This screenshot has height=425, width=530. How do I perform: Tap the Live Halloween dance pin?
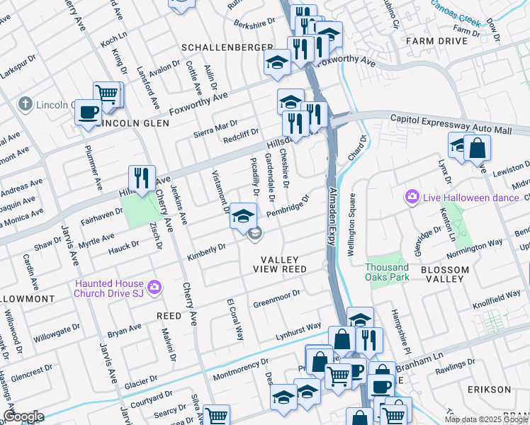click(x=412, y=196)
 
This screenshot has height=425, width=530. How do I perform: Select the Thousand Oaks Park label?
click(x=387, y=272)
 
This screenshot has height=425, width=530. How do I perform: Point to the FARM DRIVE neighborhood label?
click(x=437, y=41)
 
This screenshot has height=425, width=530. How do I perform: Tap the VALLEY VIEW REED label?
click(x=283, y=265)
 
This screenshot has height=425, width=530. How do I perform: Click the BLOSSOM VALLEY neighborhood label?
click(x=444, y=274)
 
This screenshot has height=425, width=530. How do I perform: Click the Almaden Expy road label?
click(x=331, y=212)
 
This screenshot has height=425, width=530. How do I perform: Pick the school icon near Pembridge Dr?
click(x=243, y=215)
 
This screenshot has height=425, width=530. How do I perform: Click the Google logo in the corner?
click(x=23, y=416)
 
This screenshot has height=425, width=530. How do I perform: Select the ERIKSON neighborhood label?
click(x=489, y=390)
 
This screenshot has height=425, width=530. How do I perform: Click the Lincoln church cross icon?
click(x=26, y=104)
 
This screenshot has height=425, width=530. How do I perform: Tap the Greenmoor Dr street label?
click(x=276, y=298)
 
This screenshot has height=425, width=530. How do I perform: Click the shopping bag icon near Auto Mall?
click(x=478, y=147)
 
